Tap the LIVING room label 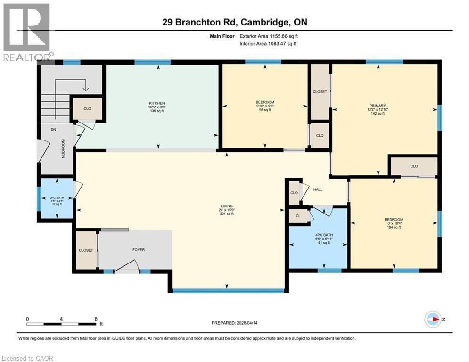226,206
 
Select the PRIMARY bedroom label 378,106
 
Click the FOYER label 138,250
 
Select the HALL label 318,189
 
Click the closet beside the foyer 86,250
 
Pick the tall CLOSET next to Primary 320,92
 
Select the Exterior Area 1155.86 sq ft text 268,36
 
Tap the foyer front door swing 126,267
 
